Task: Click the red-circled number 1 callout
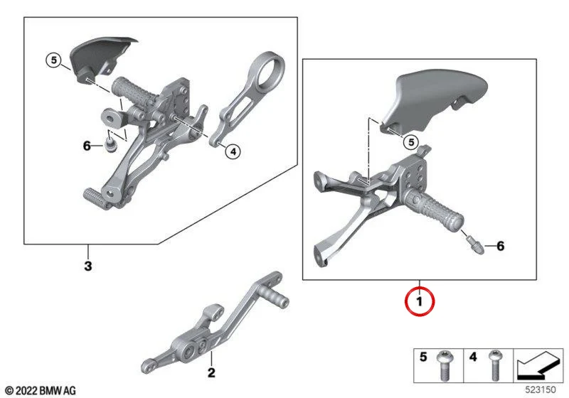click(x=420, y=301)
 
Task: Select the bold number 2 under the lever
click(x=211, y=372)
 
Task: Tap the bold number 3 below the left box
click(x=87, y=266)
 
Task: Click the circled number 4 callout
click(x=233, y=151)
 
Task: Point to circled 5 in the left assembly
click(x=54, y=60)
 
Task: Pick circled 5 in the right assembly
click(x=411, y=141)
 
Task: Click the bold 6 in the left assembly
click(x=87, y=146)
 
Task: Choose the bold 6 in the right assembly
click(x=501, y=246)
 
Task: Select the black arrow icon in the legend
click(x=538, y=366)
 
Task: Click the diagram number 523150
click(x=541, y=390)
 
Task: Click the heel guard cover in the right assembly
click(x=434, y=102)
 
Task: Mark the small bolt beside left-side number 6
click(x=109, y=145)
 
